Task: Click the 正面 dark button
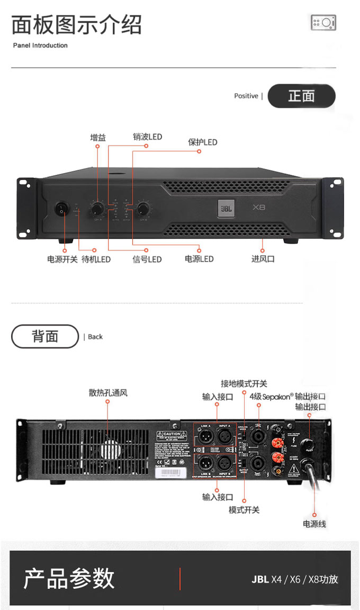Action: click(301, 96)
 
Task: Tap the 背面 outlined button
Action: click(45, 336)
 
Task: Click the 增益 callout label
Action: click(98, 138)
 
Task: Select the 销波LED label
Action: click(147, 137)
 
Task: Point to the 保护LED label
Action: click(203, 142)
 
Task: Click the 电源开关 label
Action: click(62, 259)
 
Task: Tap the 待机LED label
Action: click(96, 259)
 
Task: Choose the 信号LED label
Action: click(147, 259)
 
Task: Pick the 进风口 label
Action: click(263, 259)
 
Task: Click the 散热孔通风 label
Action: click(108, 393)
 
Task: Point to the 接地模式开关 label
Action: click(244, 384)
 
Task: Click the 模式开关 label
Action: click(244, 510)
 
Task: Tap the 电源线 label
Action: click(314, 524)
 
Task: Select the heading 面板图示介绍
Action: click(77, 25)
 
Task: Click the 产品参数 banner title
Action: click(69, 578)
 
